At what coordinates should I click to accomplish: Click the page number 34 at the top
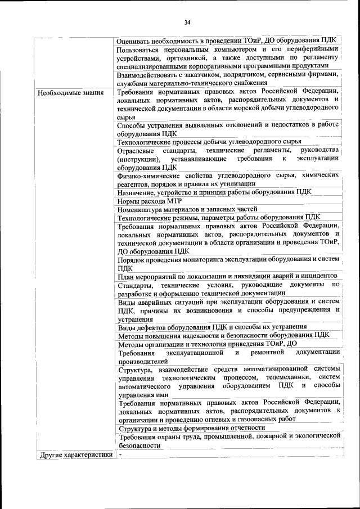(187, 22)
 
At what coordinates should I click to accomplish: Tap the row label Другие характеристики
(74, 455)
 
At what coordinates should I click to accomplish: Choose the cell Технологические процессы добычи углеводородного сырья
(209, 142)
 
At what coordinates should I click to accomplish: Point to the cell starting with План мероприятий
(228, 276)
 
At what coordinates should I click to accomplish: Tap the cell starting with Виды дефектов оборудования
(212, 327)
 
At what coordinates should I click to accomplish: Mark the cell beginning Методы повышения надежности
(223, 335)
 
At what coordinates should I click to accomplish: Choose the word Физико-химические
(152, 175)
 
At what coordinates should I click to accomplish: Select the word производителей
(142, 361)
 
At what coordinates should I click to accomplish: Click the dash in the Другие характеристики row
(120, 455)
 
